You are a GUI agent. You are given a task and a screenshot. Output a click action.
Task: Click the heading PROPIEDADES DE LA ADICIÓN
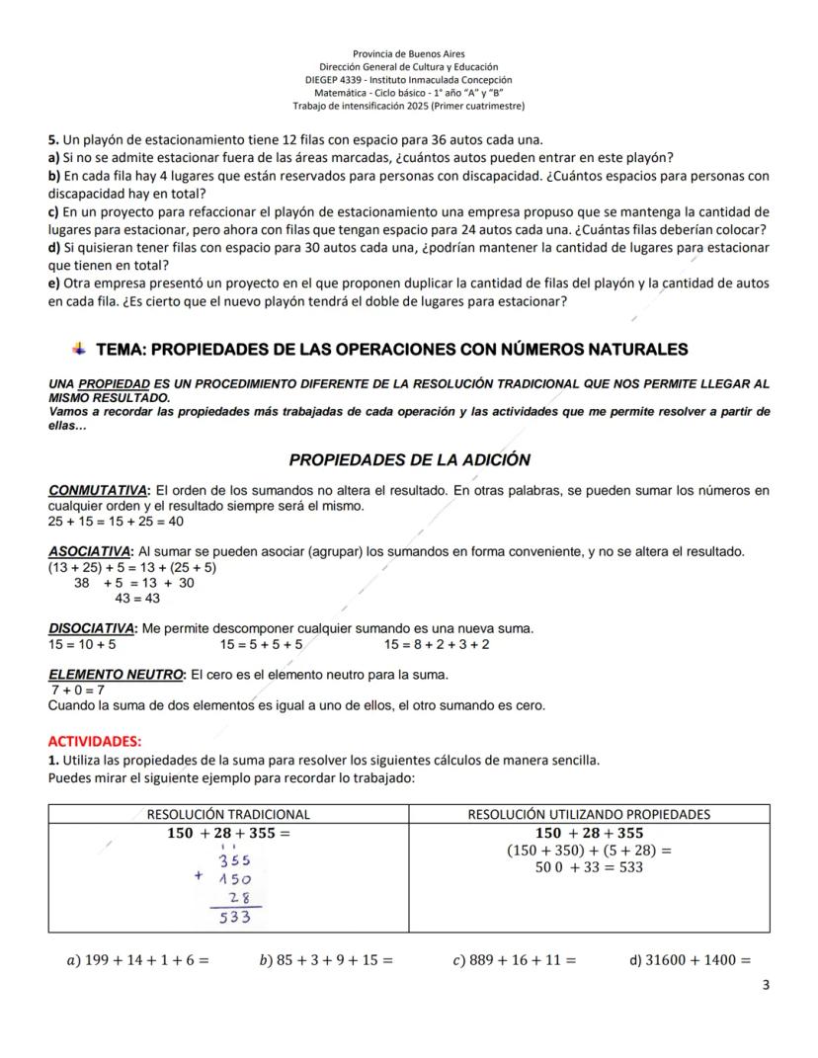[x=409, y=460]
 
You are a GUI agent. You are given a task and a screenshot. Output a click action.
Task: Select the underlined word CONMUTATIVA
[x=98, y=490]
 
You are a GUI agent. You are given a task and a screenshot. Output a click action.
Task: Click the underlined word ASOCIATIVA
[x=90, y=551]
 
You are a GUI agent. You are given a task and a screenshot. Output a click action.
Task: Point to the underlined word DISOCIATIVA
[x=93, y=628]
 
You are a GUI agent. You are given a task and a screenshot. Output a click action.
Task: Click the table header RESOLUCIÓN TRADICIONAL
[x=228, y=815]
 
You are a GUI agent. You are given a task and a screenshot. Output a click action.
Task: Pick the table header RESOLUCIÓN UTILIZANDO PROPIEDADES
[x=589, y=815]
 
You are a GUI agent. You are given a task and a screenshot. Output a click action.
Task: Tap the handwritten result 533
[x=234, y=918]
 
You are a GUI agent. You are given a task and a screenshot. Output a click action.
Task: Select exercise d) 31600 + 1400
[x=690, y=959]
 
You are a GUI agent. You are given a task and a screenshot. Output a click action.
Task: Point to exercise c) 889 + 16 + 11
[x=516, y=959]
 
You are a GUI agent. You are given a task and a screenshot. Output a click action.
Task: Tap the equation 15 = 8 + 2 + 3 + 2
[x=437, y=644]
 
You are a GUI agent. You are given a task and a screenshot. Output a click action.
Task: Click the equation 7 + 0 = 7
[x=78, y=691]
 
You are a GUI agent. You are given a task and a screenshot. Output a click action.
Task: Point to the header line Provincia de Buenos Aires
[x=409, y=53]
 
